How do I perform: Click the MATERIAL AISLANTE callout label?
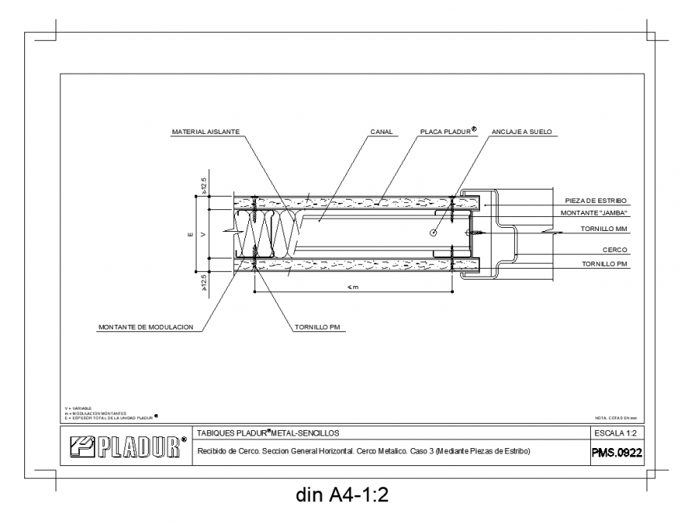206,132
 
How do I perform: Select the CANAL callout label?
381,132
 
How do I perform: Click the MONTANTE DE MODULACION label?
146,327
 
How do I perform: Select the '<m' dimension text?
353,287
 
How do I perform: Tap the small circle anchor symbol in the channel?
433,233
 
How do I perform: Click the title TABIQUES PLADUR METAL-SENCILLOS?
267,432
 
